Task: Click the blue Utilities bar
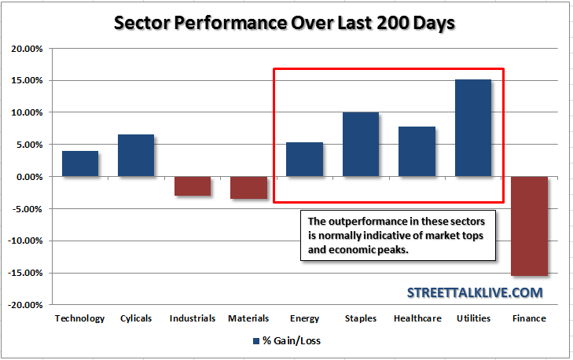[x=473, y=128]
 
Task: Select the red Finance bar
[x=529, y=226]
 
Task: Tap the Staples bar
[x=361, y=145]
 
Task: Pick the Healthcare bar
[x=417, y=152]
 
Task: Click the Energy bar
[x=304, y=160]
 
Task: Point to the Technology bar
[x=80, y=163]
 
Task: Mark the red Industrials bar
[x=192, y=186]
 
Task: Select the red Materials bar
[x=248, y=188]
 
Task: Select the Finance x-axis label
[x=529, y=318]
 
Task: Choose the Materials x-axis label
[x=248, y=318]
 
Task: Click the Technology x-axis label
[x=79, y=318]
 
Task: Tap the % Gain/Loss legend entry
[x=287, y=341]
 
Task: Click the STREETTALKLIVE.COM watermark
[x=475, y=292]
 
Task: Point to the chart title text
[x=285, y=22]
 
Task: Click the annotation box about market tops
[x=398, y=234]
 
